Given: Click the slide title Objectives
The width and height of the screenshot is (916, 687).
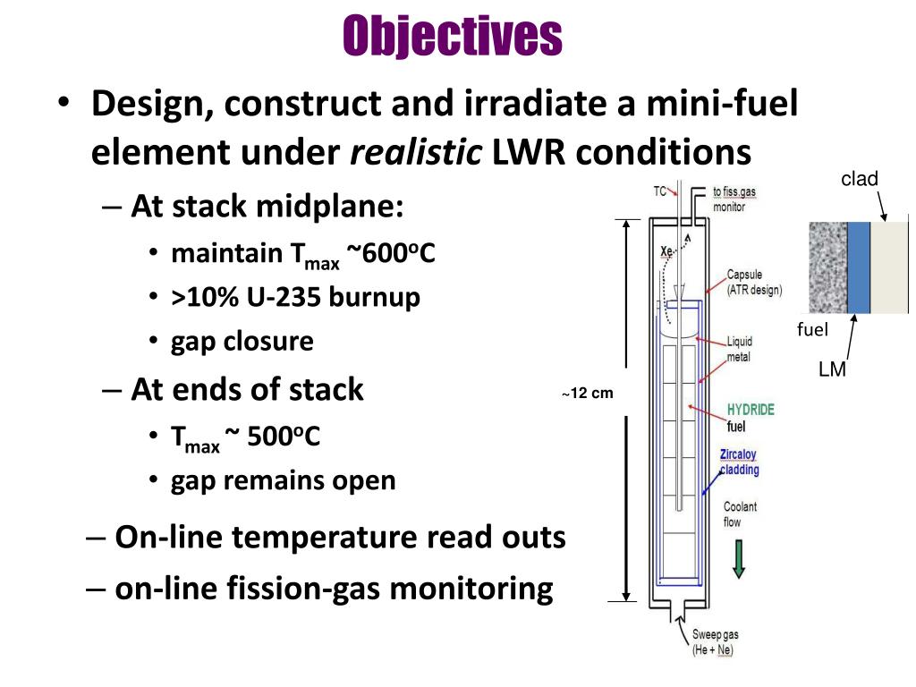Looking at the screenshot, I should (x=454, y=36).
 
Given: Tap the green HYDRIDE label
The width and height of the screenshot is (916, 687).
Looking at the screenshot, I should (x=751, y=410).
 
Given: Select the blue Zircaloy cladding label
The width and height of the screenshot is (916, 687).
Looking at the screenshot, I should (x=740, y=462).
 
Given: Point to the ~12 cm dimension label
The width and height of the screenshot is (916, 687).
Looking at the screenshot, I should (x=587, y=394).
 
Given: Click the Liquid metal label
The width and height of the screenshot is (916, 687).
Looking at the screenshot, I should (x=740, y=349).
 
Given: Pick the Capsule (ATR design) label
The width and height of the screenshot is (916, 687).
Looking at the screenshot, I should (x=754, y=283).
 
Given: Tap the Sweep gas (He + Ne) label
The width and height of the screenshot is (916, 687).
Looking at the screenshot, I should (x=715, y=642).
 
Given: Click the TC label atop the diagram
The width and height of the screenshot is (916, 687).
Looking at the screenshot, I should (x=659, y=190).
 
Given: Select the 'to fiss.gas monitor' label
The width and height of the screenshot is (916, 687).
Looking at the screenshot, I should (x=734, y=199).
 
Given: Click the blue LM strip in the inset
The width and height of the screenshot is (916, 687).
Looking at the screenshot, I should (x=858, y=267).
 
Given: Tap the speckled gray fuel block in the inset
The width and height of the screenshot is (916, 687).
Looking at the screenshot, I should (x=827, y=267).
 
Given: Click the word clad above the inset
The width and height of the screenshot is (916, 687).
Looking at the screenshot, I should (x=860, y=180).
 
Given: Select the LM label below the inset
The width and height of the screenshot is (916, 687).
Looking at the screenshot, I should (x=832, y=369).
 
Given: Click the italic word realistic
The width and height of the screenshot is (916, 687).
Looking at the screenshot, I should (x=416, y=153).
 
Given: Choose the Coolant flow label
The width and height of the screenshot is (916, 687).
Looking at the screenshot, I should (x=740, y=513).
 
